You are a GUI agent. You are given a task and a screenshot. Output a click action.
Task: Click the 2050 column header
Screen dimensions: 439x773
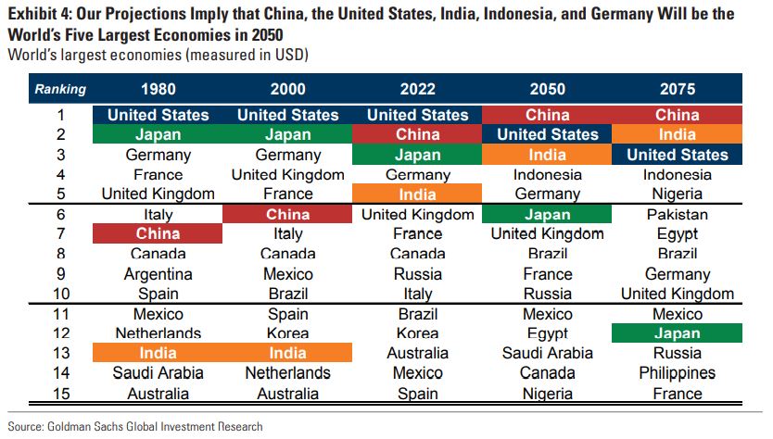pos(547,90)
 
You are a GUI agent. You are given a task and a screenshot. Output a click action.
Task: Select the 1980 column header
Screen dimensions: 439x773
pos(158,90)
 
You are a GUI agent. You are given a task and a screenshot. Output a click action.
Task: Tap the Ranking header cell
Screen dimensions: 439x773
pos(61,90)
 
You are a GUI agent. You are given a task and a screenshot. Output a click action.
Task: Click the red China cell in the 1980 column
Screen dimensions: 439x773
pos(158,233)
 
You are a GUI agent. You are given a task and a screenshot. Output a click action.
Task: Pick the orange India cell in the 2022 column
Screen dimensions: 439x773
pos(417,194)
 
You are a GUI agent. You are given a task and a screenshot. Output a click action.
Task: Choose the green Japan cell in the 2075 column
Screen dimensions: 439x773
pos(677,333)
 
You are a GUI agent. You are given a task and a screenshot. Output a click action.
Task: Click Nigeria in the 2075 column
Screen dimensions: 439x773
pos(677,194)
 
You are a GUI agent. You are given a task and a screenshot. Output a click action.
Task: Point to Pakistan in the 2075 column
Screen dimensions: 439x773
pos(677,214)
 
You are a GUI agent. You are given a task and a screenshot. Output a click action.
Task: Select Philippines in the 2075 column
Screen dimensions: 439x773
pos(677,373)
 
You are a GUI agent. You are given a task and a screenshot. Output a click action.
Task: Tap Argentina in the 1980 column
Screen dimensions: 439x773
pos(158,274)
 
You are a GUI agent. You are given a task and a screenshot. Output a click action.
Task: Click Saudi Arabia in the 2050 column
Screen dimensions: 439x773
pos(547,353)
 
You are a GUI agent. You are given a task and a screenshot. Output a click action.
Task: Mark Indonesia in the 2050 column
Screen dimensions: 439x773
pos(547,174)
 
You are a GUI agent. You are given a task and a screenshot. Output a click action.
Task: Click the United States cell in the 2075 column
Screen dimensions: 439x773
pos(677,155)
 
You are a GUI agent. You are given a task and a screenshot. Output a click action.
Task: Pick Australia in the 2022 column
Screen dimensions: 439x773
pos(417,353)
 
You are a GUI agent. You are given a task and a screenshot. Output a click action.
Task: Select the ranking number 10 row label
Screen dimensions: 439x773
pos(61,294)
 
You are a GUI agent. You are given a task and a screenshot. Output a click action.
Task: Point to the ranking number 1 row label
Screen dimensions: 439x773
pos(61,115)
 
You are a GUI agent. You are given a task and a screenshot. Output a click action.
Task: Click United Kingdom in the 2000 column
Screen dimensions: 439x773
pos(287,174)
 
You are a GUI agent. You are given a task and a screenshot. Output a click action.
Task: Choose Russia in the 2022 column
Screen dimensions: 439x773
pos(417,274)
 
